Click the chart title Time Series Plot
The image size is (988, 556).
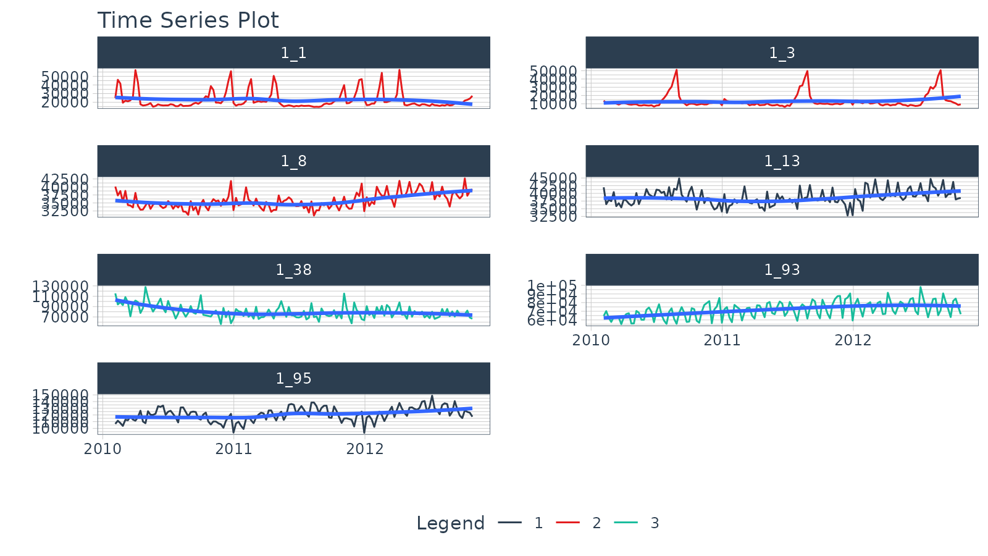(x=188, y=20)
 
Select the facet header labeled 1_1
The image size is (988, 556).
(x=293, y=53)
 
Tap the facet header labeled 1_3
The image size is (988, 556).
(x=782, y=53)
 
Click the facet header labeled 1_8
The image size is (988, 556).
(x=293, y=161)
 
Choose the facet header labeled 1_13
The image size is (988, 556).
(x=782, y=161)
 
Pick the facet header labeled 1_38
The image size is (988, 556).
(x=293, y=270)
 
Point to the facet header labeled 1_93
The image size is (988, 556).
(x=782, y=270)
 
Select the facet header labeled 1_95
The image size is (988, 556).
(x=293, y=378)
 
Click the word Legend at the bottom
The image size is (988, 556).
(x=450, y=523)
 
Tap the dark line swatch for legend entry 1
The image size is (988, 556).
(x=509, y=523)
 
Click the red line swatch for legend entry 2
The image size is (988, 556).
(x=567, y=523)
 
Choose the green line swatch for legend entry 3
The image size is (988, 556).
(x=626, y=523)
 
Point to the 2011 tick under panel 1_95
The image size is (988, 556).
(x=233, y=449)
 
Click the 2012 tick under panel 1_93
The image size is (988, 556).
(x=853, y=340)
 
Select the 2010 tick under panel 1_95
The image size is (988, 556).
(x=103, y=449)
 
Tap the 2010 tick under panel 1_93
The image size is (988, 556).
(x=591, y=340)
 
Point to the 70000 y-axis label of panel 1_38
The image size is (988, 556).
(x=65, y=317)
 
